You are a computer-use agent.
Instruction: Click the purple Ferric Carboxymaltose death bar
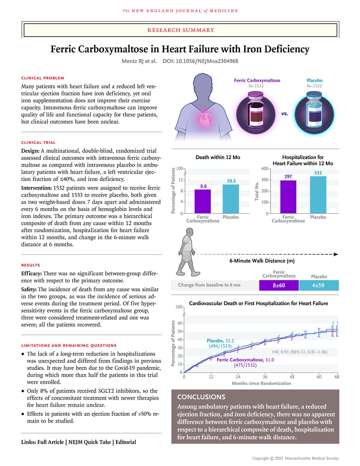click(203, 201)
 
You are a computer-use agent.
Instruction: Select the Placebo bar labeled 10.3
click(231, 199)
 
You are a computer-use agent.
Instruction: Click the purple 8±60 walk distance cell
click(279, 285)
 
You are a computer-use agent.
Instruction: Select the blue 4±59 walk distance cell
click(319, 285)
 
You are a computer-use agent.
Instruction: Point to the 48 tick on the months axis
click(292, 377)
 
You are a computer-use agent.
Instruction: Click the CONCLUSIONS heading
click(201, 397)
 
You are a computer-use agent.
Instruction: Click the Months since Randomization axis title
click(261, 383)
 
